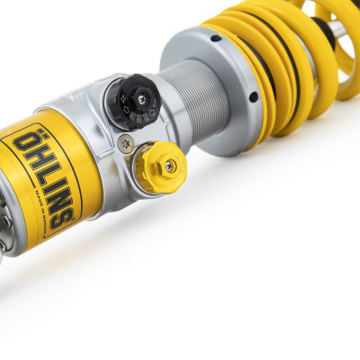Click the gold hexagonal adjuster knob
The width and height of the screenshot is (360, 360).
point(162,166)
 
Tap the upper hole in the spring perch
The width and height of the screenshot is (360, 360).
point(215,38)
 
